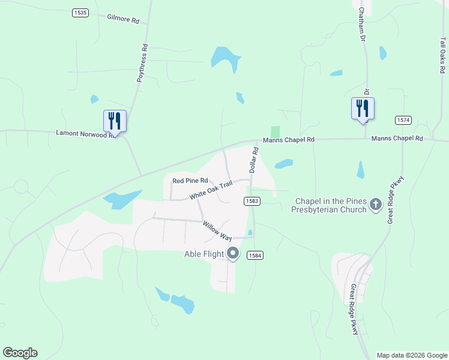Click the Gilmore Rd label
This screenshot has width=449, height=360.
coord(123,19)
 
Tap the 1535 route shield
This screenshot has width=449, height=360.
coord(79,12)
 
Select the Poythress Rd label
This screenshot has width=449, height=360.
coord(142,63)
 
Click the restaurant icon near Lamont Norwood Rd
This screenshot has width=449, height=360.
coord(115,121)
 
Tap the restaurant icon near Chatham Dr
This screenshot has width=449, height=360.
coord(363,109)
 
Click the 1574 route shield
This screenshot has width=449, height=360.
coord(403,121)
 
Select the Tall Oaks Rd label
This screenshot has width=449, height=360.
coord(442,55)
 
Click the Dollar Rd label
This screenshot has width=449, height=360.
coord(253,160)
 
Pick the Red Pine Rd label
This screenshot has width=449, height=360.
coord(190,180)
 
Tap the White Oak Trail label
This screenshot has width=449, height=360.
coord(210,191)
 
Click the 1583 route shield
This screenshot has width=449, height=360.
coord(252,201)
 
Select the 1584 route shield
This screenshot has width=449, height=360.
coord(255,256)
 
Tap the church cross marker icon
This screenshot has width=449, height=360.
coord(376,205)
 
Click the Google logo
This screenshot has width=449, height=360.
coord(20,353)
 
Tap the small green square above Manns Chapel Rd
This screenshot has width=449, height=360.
coord(276,131)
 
